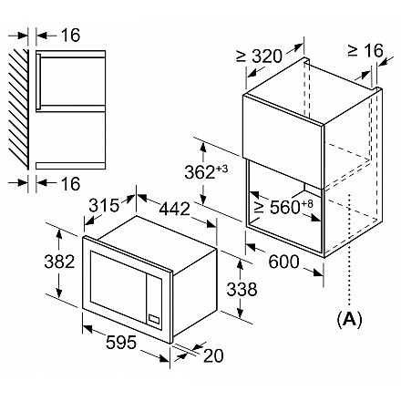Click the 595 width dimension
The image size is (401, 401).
[121, 343]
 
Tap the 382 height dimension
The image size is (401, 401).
[59, 262]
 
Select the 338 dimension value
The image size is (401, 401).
[242, 289]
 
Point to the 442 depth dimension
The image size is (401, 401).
[175, 209]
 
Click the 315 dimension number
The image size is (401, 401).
[104, 205]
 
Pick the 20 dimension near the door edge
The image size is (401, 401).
[213, 355]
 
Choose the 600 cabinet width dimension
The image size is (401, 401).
[283, 262]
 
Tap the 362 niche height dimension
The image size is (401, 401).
[200, 172]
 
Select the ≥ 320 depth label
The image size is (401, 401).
[259, 57]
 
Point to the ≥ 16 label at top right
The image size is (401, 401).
[365, 50]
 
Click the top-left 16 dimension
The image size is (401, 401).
[70, 36]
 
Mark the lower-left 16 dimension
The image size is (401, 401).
[70, 184]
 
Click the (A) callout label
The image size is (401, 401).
[350, 320]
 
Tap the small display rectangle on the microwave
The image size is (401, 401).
[154, 319]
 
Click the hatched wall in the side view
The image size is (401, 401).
[18, 109]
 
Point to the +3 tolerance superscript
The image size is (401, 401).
[221, 168]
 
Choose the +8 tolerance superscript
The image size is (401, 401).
[306, 203]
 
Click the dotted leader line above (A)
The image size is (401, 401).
[350, 250]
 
